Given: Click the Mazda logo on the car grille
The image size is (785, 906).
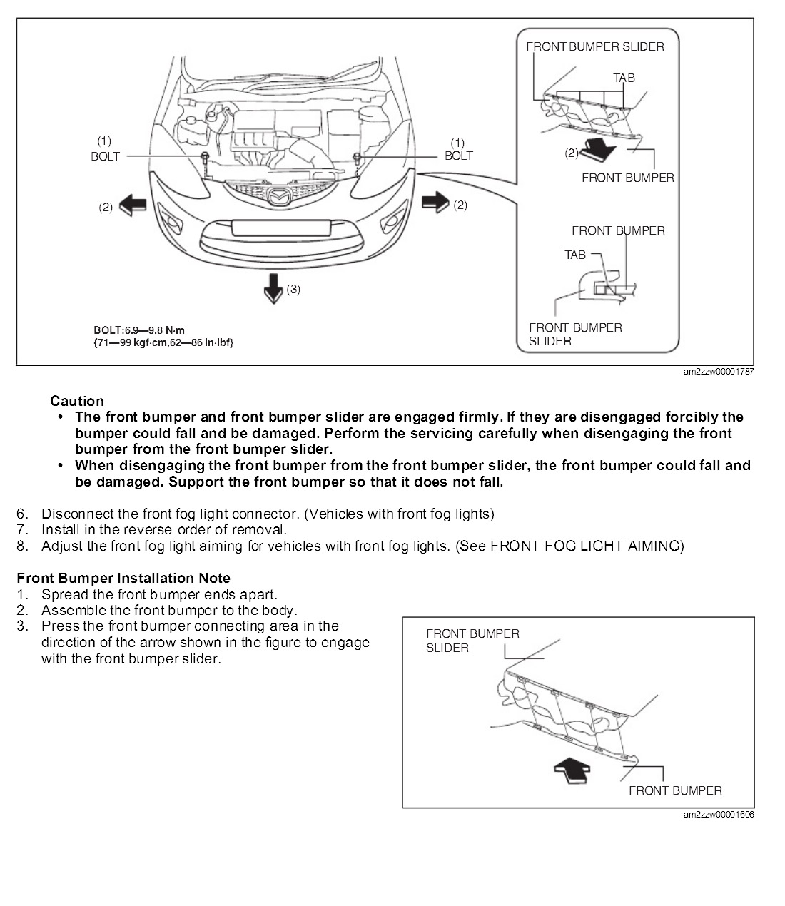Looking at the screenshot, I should click(x=275, y=194).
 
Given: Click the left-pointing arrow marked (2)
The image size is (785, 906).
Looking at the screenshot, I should click(x=132, y=205).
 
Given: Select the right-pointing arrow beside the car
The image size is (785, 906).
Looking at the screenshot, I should click(x=435, y=203).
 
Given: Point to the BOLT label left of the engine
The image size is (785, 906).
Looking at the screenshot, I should click(x=105, y=156).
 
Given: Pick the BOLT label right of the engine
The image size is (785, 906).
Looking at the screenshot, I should click(x=458, y=156).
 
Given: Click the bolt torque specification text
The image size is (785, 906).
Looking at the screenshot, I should click(x=163, y=336).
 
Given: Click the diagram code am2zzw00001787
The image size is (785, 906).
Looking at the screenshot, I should click(x=718, y=372).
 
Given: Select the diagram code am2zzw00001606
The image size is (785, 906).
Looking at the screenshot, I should click(x=718, y=815).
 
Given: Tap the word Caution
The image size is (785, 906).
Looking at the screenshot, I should click(x=77, y=401).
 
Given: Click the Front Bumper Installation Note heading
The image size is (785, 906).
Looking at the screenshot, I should click(x=123, y=578).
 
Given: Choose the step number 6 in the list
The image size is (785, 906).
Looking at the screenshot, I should click(x=22, y=514).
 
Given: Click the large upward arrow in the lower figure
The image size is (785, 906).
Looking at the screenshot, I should click(x=572, y=770).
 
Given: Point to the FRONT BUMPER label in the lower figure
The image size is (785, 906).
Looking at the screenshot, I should click(x=674, y=790).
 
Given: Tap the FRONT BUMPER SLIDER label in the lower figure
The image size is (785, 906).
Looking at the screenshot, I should click(x=472, y=641).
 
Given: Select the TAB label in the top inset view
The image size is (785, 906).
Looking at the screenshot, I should click(x=624, y=78).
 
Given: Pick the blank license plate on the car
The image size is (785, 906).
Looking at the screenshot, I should click(x=280, y=228).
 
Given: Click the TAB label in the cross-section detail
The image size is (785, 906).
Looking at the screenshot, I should click(x=575, y=255).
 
